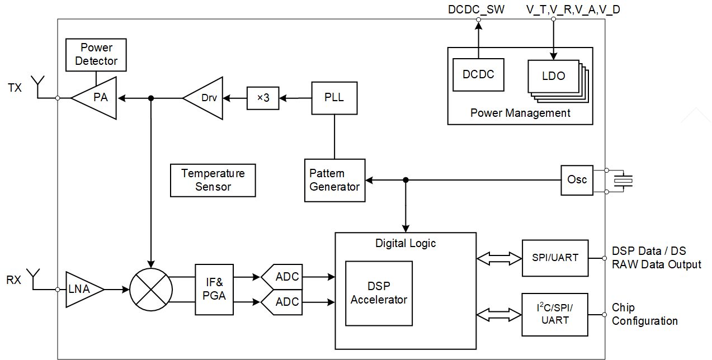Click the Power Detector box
click(96, 55)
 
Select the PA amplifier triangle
click(98, 98)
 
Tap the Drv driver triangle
click(206, 98)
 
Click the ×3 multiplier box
click(263, 98)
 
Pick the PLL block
click(334, 98)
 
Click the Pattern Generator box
click(334, 180)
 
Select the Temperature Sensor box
click(213, 180)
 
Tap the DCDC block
click(478, 74)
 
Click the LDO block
click(553, 76)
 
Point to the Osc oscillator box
click(577, 180)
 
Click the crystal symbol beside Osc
click(623, 180)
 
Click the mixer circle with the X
click(149, 289)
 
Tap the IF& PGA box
click(214, 289)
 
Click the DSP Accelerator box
click(379, 293)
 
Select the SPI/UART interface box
click(555, 258)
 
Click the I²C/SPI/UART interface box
click(555, 314)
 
